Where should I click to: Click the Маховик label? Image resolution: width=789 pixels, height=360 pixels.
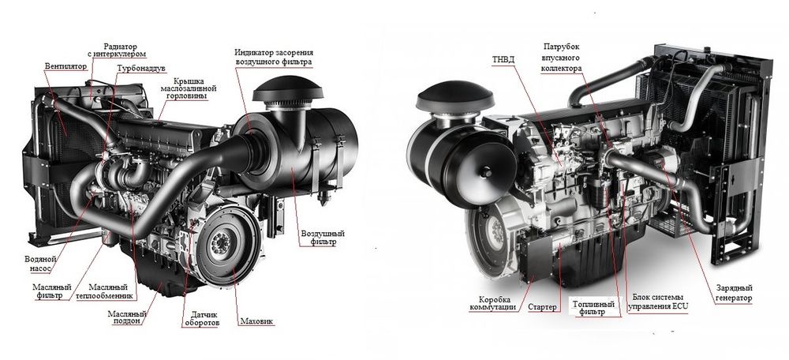[255, 321]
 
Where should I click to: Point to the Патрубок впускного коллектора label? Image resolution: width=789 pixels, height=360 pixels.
[563, 58]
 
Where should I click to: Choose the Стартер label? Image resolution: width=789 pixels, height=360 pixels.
[541, 306]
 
